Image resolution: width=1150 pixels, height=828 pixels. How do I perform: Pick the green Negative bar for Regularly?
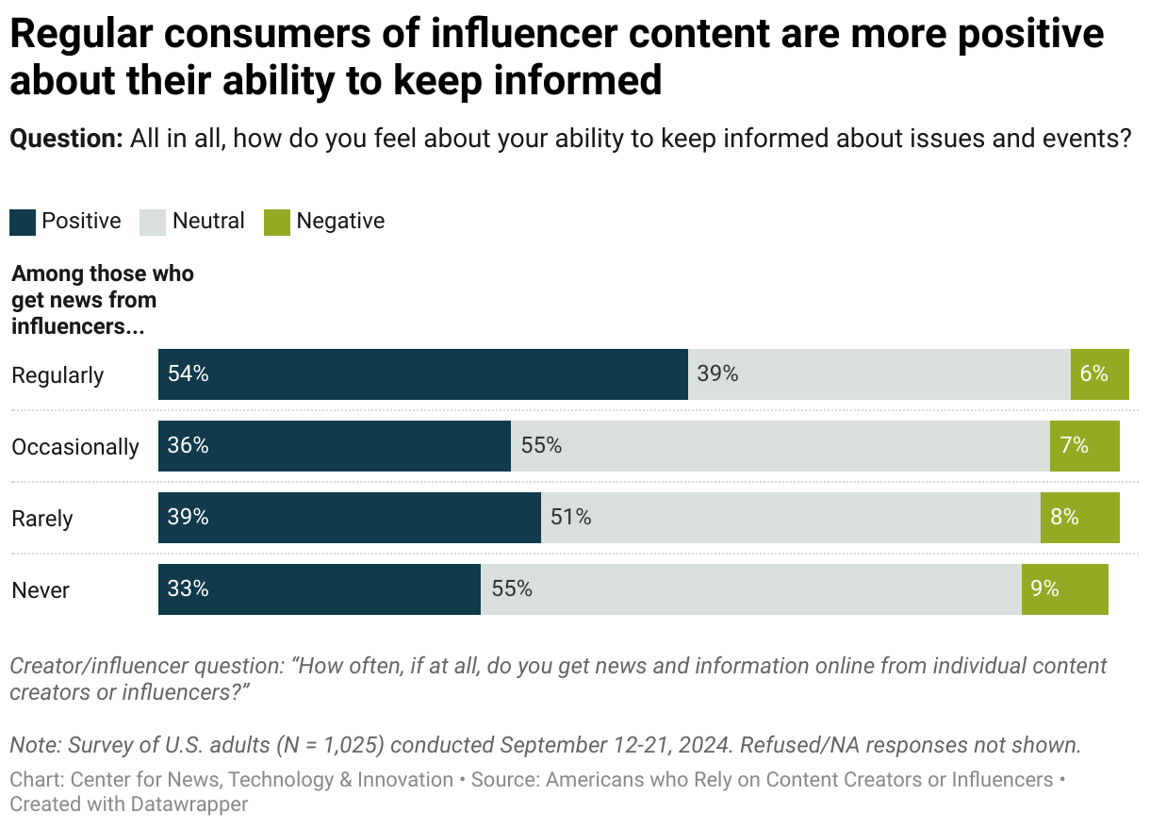(x=1099, y=374)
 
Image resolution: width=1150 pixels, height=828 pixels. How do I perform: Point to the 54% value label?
(x=188, y=374)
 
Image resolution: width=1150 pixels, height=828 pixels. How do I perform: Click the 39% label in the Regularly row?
(x=717, y=374)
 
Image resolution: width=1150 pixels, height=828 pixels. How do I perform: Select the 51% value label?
(x=571, y=518)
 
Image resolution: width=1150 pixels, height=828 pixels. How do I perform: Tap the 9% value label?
(x=1044, y=589)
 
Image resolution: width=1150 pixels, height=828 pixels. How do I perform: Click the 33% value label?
(x=188, y=589)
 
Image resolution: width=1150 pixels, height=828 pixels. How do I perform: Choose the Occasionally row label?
(x=75, y=447)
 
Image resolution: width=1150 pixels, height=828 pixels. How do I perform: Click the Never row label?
(x=41, y=590)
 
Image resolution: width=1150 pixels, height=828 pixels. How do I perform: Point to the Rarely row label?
(x=42, y=519)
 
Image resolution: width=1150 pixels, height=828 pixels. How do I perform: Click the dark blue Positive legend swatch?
(x=23, y=222)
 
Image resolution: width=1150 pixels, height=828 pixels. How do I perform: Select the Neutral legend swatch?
(x=153, y=222)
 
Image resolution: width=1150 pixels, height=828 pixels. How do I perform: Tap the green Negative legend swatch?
(x=276, y=222)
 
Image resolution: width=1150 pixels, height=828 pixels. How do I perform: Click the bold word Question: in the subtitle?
(x=66, y=140)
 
